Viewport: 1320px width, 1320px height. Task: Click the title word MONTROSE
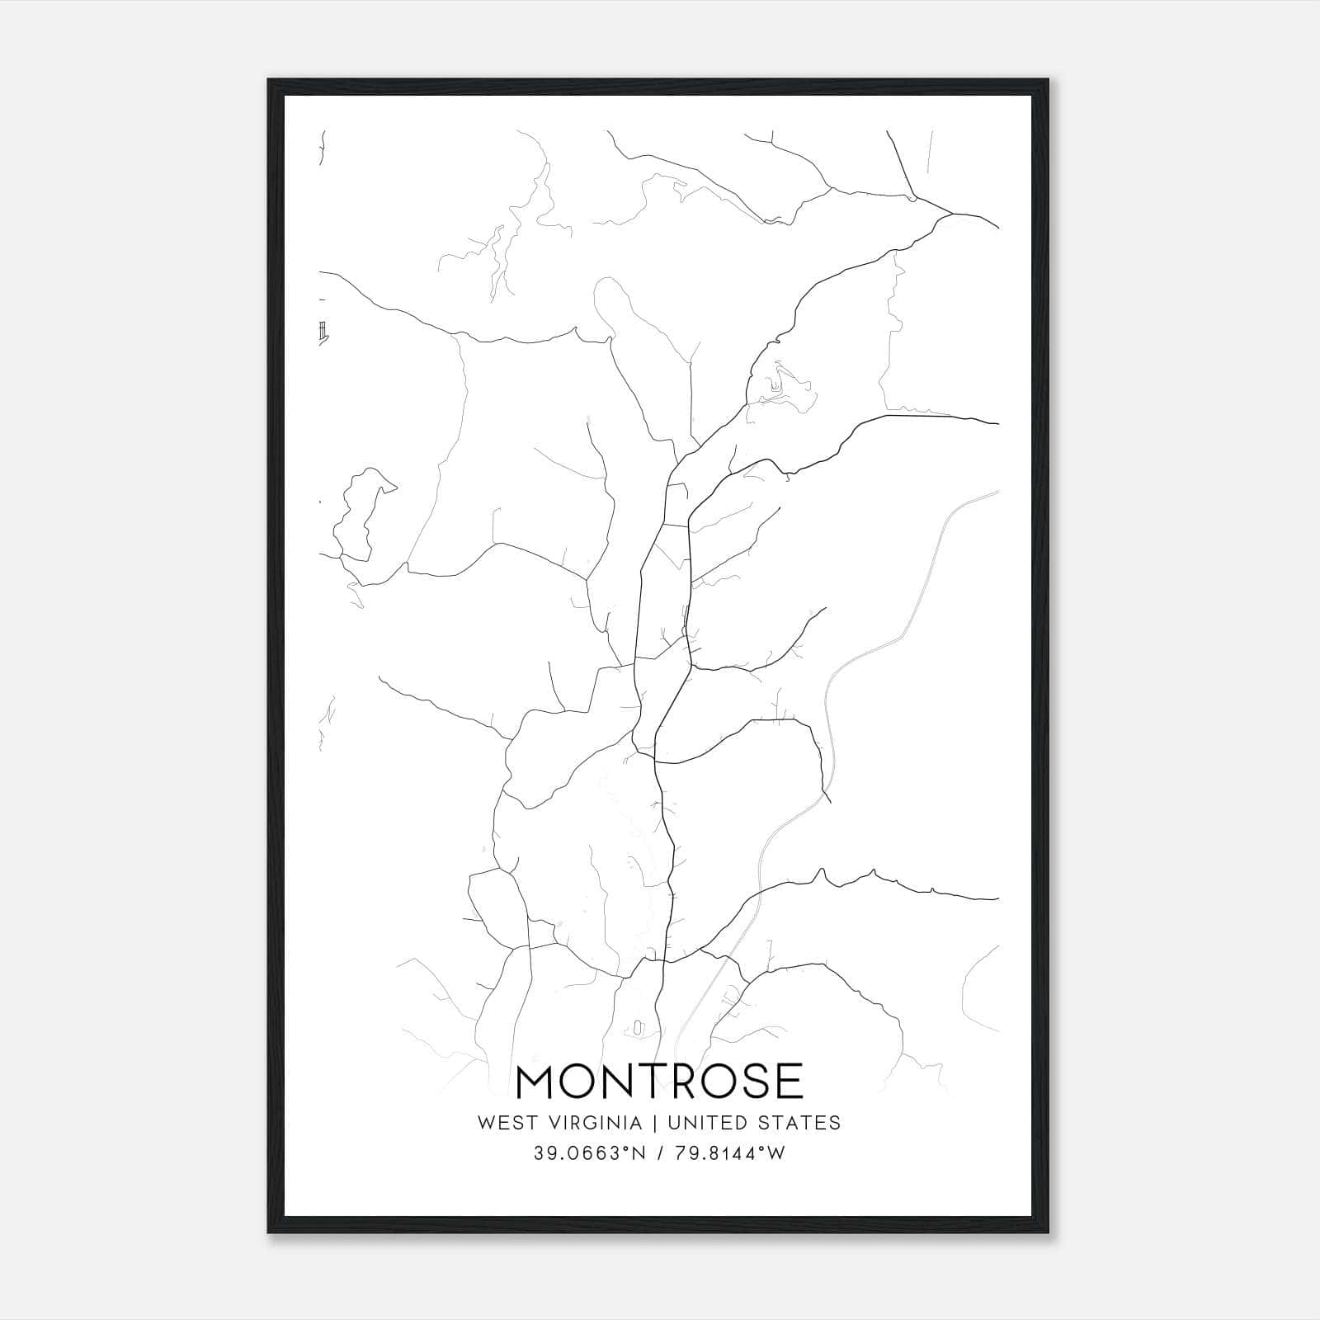click(659, 1082)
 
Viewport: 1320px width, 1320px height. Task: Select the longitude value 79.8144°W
click(730, 1153)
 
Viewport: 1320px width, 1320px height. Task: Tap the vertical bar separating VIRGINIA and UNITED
click(654, 1123)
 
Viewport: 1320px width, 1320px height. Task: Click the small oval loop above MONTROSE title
click(638, 1028)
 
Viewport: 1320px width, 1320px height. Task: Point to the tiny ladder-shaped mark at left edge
click(323, 331)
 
